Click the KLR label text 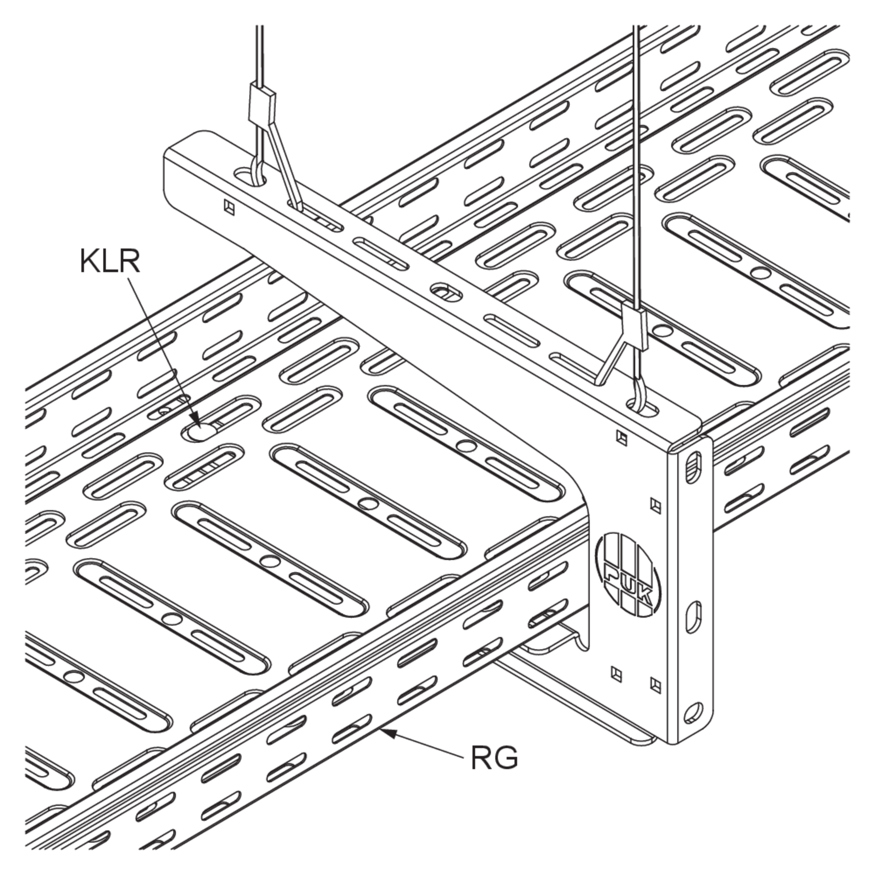click(110, 262)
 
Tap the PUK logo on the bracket click(628, 575)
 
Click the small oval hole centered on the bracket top click(446, 292)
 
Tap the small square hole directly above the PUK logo click(655, 506)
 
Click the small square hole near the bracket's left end click(230, 207)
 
